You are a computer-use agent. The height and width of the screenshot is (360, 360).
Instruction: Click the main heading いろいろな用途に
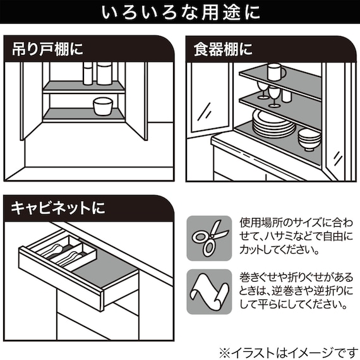point(180,12)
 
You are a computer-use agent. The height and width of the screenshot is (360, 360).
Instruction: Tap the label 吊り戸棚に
point(48,50)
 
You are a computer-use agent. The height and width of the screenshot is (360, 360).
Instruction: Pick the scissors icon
point(209,238)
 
